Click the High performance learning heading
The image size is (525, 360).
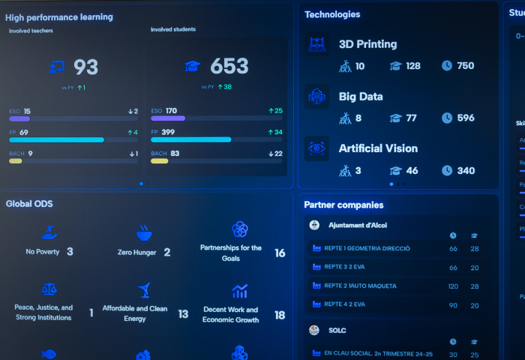click(59, 16)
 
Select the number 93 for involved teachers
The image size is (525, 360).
click(85, 67)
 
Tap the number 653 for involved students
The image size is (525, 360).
click(229, 67)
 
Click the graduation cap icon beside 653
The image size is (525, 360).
click(193, 66)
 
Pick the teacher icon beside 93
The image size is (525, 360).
click(56, 67)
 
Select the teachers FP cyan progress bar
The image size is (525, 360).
click(56, 139)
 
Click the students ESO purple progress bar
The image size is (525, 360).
click(168, 118)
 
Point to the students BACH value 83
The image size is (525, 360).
click(175, 154)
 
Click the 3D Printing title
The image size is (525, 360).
click(367, 44)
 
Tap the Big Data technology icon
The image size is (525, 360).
click(316, 96)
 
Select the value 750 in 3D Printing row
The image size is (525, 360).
click(465, 66)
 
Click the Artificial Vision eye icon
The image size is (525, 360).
click(316, 148)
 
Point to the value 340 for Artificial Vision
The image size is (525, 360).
click(465, 170)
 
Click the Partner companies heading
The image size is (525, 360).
click(343, 205)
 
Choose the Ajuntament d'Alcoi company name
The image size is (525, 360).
click(358, 225)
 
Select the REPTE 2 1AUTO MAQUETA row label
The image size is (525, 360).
click(360, 286)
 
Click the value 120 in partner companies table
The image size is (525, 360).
click(453, 286)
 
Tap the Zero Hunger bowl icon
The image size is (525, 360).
click(144, 232)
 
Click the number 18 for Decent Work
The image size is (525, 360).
click(280, 315)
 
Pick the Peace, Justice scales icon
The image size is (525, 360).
click(49, 289)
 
